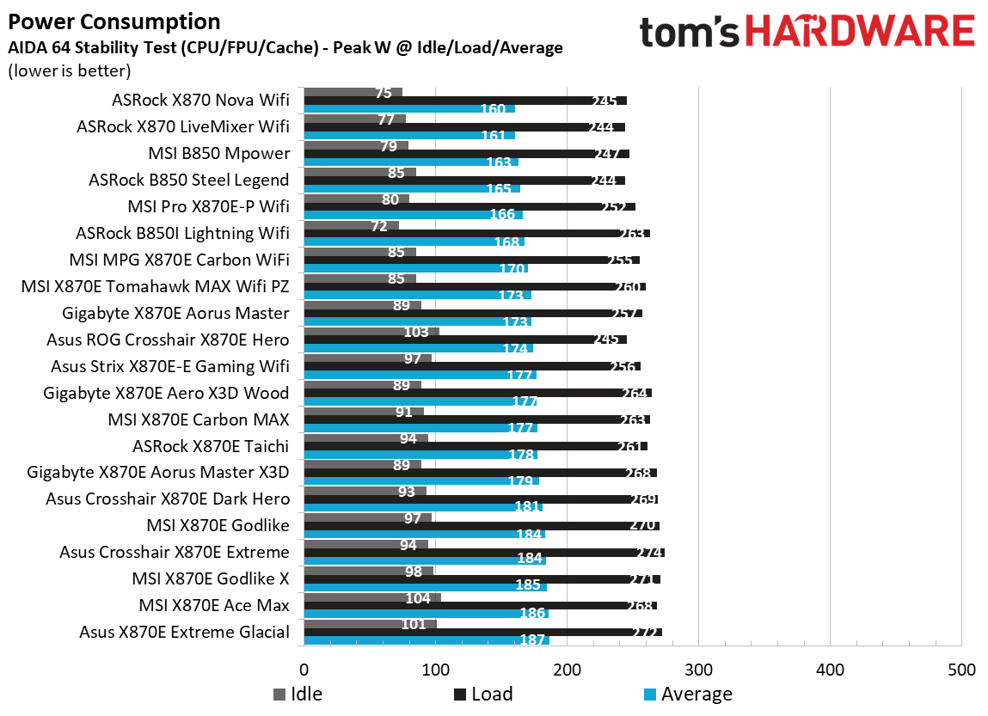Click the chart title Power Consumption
coord(114,21)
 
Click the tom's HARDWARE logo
coord(807,32)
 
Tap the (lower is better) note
coord(70,70)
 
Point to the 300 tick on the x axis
coord(698,670)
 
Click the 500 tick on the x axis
coord(960,670)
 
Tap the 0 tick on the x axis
coord(304,670)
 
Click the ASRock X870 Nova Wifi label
coord(200,101)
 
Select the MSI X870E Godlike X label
coord(210,578)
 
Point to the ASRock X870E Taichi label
coord(211,446)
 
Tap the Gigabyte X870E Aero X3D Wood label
coord(166,393)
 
